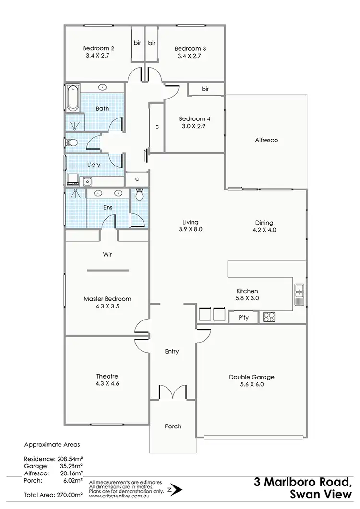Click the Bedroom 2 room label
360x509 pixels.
click(98, 48)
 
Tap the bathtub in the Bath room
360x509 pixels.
click(72, 98)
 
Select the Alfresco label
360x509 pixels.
click(266, 141)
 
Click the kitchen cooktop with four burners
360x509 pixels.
click(268, 317)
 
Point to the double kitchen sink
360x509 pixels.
click(300, 294)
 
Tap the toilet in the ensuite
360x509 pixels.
click(140, 195)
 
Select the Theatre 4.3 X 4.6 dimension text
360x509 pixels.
click(107, 384)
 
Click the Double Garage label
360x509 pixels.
click(252, 377)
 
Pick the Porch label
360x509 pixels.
click(173, 426)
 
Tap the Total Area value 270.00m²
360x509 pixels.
click(70, 494)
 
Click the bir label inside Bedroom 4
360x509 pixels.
click(205, 89)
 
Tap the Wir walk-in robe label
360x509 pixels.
click(107, 255)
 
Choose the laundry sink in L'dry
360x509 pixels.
click(87, 181)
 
